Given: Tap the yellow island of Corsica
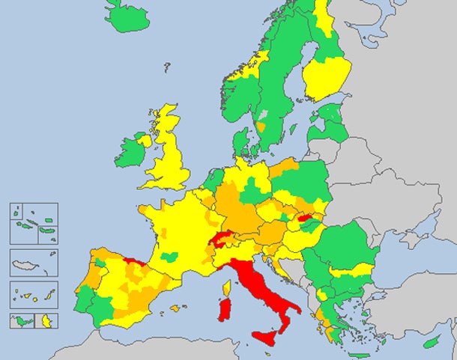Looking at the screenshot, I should pyautogui.click(x=226, y=287).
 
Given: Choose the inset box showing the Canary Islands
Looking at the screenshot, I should pyautogui.click(x=34, y=295).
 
